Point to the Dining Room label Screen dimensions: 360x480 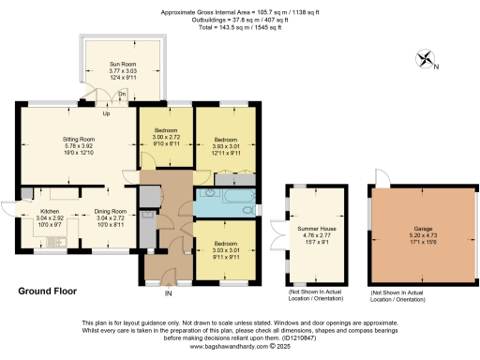click(x=112, y=212)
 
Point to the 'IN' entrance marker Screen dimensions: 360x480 click(x=169, y=292)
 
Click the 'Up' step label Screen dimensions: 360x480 click(x=106, y=114)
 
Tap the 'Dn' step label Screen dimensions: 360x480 click(x=122, y=95)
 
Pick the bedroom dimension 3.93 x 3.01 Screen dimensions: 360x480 click(x=225, y=145)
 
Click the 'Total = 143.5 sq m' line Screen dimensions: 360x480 click(x=239, y=27)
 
